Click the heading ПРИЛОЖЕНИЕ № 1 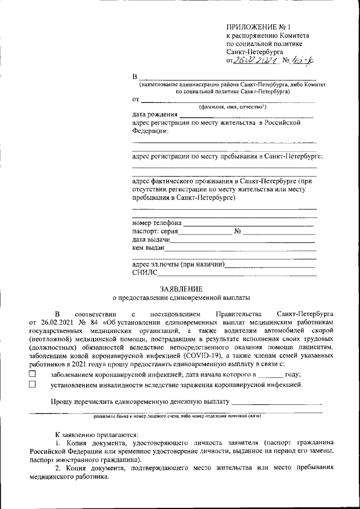(x=258, y=26)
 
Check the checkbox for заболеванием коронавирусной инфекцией (x=32, y=374)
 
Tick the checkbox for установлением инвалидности (x=32, y=385)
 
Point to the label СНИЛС (x=144, y=273)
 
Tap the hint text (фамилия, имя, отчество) (x=228, y=107)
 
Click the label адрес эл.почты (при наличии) (x=178, y=264)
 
